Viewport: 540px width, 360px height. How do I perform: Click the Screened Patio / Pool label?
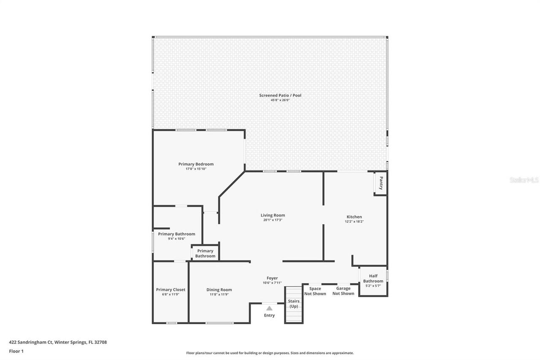click(x=280, y=95)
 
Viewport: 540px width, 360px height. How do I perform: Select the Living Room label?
click(x=273, y=215)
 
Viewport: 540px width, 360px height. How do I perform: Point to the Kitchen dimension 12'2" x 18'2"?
click(x=354, y=222)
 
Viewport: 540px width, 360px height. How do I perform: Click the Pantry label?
click(x=381, y=183)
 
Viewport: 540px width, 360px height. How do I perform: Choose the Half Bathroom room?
click(x=373, y=281)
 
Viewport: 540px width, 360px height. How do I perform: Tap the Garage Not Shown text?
click(x=343, y=291)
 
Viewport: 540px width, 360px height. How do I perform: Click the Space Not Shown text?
click(x=315, y=291)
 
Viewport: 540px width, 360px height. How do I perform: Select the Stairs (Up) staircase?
click(x=294, y=304)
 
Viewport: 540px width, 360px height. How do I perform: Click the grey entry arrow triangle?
click(x=269, y=308)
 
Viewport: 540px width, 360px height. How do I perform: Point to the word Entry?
click(x=269, y=315)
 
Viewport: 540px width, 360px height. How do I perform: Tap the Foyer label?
click(x=272, y=278)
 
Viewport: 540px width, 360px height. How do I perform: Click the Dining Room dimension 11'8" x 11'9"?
click(x=219, y=295)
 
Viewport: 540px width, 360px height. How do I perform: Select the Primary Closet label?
click(x=170, y=290)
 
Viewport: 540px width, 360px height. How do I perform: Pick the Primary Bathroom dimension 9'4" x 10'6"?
click(x=176, y=239)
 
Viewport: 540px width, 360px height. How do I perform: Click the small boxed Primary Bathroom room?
click(x=205, y=253)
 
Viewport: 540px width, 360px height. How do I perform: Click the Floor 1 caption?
click(x=16, y=351)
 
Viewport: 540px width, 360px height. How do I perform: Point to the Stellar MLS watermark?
click(x=524, y=180)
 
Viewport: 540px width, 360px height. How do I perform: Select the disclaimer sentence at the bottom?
click(x=270, y=353)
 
